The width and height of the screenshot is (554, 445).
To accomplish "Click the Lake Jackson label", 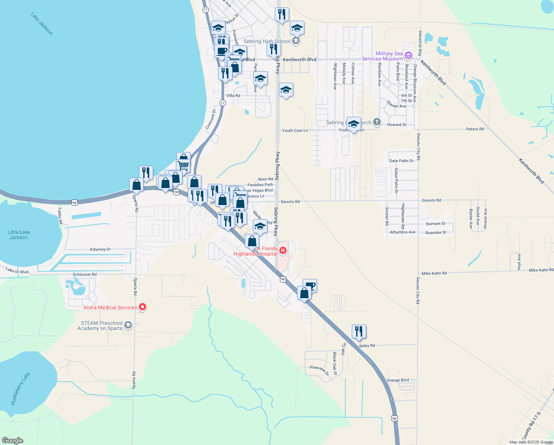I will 42,24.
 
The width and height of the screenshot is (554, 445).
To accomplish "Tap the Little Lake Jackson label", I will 19,235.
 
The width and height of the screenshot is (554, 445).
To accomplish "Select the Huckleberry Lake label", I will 20,388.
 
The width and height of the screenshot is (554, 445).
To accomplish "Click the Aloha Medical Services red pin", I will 143,307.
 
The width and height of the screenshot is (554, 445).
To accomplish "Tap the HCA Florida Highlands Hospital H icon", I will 283,251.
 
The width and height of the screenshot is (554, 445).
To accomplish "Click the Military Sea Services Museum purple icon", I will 408,56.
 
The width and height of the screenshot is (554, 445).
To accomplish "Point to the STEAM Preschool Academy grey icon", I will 128,326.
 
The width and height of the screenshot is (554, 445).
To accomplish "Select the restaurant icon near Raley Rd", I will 358,331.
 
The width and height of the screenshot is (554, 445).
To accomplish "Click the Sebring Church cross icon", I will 377,122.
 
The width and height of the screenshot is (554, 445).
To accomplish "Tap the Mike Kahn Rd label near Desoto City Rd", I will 434,273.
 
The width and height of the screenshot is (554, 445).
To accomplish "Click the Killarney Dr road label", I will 100,250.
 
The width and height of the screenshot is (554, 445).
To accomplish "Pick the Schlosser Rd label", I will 84,274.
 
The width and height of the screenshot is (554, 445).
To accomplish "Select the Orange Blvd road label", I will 398,380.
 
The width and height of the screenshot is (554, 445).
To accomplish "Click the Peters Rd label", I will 475,129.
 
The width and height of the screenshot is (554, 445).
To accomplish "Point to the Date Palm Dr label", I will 401,161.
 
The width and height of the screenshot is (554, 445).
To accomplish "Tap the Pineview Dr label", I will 319,370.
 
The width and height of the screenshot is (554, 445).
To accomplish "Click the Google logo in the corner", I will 12,441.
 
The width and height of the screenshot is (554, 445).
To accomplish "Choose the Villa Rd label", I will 233,96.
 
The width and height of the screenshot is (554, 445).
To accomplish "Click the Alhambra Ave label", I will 403,232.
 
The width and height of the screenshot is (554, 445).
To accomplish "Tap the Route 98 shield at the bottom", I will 394,418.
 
